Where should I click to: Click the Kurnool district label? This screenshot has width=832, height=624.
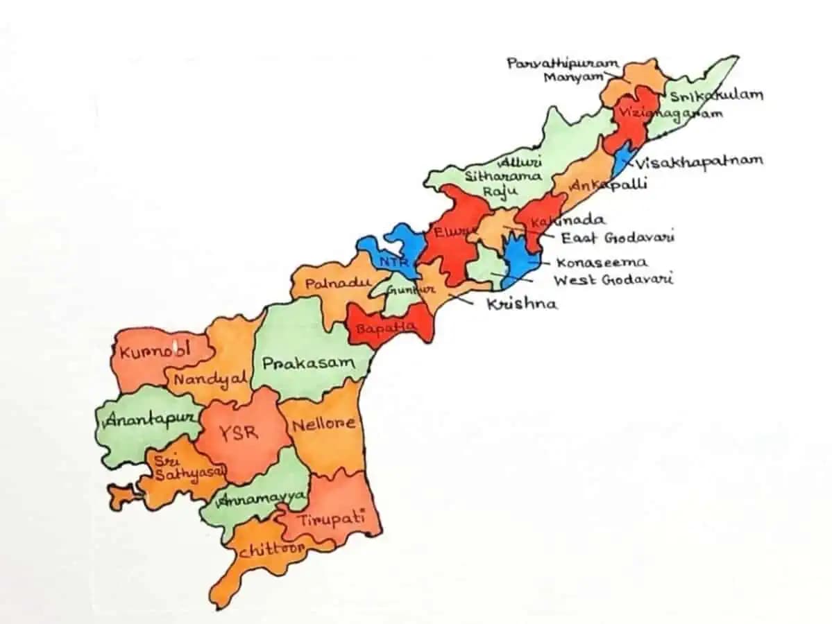pyautogui.click(x=155, y=351)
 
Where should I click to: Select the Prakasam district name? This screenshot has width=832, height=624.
pyautogui.click(x=308, y=363)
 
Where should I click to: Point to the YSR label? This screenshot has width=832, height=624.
pyautogui.click(x=238, y=433)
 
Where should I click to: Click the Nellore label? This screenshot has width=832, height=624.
pyautogui.click(x=323, y=424)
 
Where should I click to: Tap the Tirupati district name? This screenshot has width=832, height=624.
pyautogui.click(x=331, y=519)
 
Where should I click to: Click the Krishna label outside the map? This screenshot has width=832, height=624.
pyautogui.click(x=521, y=304)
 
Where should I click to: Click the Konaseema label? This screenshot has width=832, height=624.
pyautogui.click(x=602, y=263)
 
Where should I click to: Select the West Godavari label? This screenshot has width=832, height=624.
pyautogui.click(x=613, y=280)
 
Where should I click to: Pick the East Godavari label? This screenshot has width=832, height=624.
pyautogui.click(x=618, y=238)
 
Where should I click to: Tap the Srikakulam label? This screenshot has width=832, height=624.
pyautogui.click(x=715, y=95)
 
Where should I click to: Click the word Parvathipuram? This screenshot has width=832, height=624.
pyautogui.click(x=562, y=64)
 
